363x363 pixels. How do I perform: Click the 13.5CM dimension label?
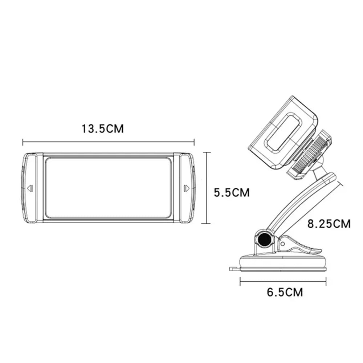point(103,129)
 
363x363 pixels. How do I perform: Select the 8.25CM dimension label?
point(329,224)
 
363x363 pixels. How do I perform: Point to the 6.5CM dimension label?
point(285,292)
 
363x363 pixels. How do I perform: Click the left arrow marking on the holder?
point(30,188)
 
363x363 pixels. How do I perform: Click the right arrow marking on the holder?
point(187,188)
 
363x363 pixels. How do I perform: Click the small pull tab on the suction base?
point(233,269)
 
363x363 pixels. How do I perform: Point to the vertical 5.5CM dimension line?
point(207,188)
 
